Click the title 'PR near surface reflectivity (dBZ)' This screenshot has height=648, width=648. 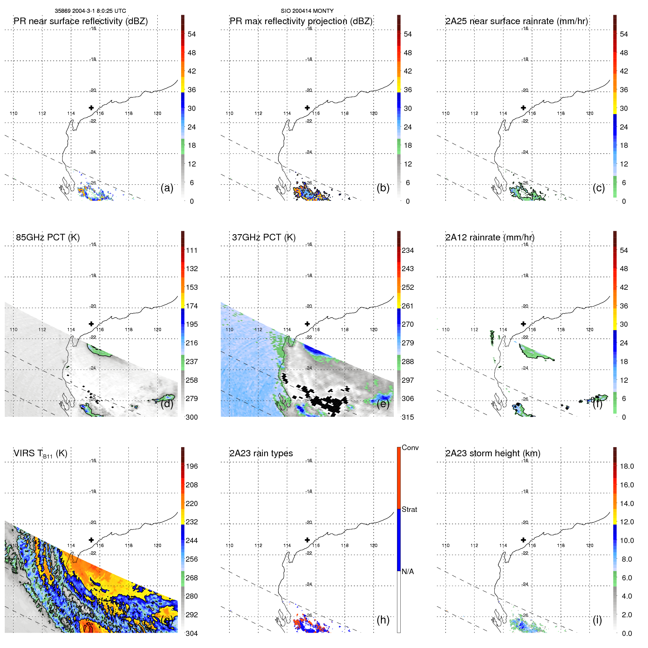pos(80,21)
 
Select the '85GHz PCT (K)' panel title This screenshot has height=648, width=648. pos(48,237)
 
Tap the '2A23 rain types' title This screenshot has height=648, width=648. pos(261,453)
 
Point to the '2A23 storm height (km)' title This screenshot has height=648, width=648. pos(492,453)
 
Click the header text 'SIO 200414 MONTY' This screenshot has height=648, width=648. pos(307,11)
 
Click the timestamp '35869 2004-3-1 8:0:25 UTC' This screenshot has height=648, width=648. pos(90,11)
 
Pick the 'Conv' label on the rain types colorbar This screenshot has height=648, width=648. pos(410,447)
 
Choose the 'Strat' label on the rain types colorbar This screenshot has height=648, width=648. pos(409,509)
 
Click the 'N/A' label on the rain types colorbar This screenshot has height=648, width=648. pos(408,572)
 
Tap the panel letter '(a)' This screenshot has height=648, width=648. pos(167,188)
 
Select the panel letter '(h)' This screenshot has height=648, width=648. pos(383,619)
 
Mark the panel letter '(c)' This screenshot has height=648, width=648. pos(599,188)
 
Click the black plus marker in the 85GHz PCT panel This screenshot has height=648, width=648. pos(91,324)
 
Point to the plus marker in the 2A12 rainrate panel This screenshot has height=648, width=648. pos(523,324)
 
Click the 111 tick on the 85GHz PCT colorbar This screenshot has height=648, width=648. pos(191,250)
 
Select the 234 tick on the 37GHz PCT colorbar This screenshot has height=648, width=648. pos(408,250)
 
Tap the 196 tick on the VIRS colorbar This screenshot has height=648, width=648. pos(191,466)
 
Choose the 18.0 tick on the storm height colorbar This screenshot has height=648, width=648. pos(626,466)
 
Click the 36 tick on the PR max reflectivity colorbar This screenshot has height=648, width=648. pos(408,90)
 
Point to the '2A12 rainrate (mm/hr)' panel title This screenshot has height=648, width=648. pos(490,237)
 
